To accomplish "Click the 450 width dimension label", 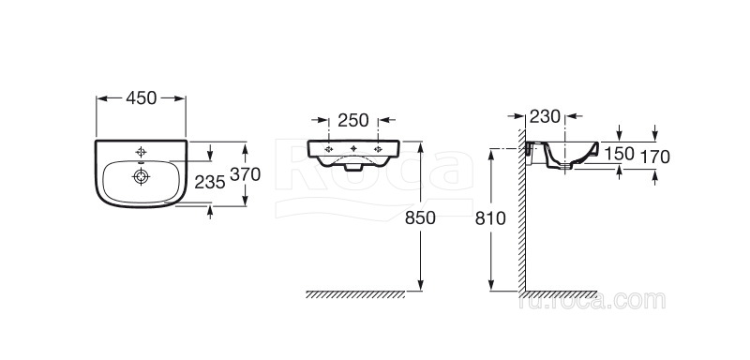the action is pyautogui.click(x=142, y=98).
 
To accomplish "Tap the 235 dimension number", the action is pyautogui.click(x=209, y=182).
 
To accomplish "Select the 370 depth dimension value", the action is pyautogui.click(x=245, y=174).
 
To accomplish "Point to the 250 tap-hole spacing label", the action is pyautogui.click(x=353, y=120).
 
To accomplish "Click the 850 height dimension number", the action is pyautogui.click(x=420, y=217).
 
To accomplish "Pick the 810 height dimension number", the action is pyautogui.click(x=490, y=218).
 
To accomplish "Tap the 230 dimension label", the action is pyautogui.click(x=545, y=116).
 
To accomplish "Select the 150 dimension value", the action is pyautogui.click(x=619, y=154).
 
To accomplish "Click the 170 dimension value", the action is pyautogui.click(x=654, y=156).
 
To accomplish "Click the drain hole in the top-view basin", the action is pyautogui.click(x=142, y=176).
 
